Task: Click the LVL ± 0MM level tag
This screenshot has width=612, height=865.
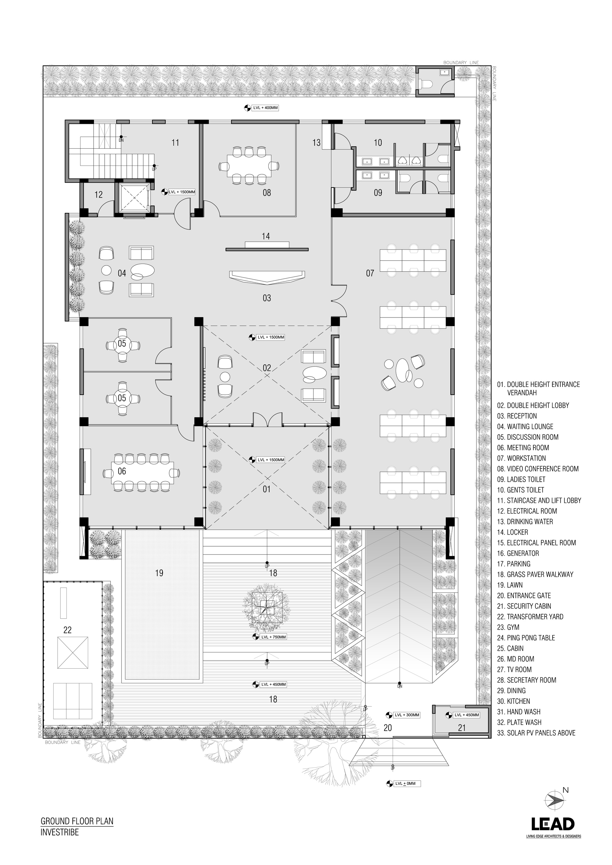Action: coord(403,784)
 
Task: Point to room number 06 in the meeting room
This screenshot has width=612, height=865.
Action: coord(122,471)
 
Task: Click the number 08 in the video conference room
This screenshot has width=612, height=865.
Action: coord(267,193)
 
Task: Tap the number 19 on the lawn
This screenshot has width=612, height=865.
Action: coord(159,573)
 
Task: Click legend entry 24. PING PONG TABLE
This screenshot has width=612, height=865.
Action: coord(526,638)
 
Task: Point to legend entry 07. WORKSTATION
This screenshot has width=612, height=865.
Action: coord(521,458)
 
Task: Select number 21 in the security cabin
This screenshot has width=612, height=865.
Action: coord(462,728)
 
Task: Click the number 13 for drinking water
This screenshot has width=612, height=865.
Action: coord(316,143)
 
